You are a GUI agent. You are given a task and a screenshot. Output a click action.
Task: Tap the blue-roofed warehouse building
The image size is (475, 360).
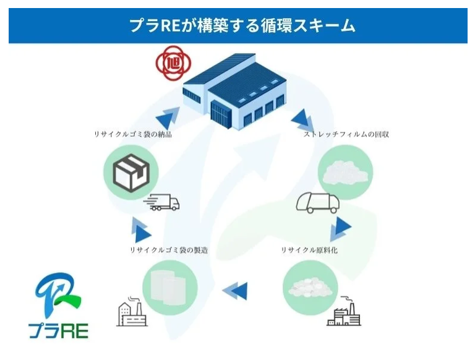234,92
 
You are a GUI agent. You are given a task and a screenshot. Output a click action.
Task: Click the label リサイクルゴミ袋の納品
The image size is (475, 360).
133,134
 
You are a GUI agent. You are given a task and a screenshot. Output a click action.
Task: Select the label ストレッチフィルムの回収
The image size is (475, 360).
346,134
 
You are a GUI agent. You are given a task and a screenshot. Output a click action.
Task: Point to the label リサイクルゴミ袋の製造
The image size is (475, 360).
169,250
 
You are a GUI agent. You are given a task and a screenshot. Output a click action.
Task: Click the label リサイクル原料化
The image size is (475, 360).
309,250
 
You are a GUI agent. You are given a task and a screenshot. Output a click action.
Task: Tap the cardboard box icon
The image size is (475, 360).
131,173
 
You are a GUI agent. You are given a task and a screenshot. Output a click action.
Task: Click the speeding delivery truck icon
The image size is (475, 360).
162,202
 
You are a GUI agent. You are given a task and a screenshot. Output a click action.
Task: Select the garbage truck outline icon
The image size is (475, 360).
317,203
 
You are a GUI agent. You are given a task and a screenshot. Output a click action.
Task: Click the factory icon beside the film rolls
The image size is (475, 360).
132,311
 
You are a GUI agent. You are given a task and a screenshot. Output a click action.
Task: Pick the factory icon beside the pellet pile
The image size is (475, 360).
344,311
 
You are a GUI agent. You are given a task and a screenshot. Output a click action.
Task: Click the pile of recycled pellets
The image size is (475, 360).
310,288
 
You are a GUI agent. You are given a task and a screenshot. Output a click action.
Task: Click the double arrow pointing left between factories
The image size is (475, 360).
235,291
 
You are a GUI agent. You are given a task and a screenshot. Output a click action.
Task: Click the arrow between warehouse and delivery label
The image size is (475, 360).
168,117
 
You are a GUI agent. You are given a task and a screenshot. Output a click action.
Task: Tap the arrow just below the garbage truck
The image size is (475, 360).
341,229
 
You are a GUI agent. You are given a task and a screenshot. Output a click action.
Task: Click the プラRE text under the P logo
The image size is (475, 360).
59,330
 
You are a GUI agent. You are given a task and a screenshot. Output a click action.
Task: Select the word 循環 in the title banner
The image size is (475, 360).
276,25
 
